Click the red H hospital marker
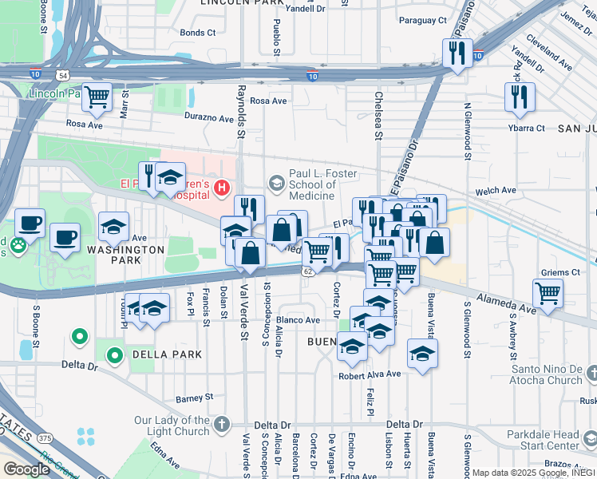221,189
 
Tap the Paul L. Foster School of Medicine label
312,184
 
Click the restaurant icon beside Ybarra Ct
520,97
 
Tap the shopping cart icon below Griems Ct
548,293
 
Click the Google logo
26,469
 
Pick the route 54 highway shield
62,74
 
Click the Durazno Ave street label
209,118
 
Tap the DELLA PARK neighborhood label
156,354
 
